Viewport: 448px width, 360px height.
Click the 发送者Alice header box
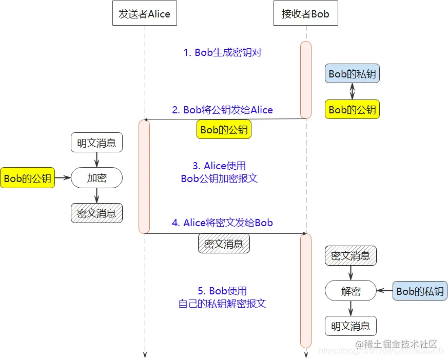coord(145,14)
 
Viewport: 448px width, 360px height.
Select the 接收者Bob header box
coord(306,14)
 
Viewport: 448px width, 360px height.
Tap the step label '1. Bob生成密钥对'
coord(223,52)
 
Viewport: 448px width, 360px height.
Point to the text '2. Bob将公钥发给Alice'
coord(222,110)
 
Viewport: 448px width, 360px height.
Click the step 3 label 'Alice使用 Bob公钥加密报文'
coord(219,172)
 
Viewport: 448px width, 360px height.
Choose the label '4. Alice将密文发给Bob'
coord(222,223)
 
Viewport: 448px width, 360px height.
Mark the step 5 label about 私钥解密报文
coord(222,297)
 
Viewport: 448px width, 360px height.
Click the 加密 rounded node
coord(96,178)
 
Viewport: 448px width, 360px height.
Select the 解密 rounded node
coord(350,291)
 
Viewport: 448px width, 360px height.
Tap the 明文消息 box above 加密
coord(96,143)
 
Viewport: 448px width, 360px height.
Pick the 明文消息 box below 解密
coord(350,326)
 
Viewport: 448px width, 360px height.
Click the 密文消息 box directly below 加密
coord(96,213)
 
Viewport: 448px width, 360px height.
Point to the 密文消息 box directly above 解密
coord(350,255)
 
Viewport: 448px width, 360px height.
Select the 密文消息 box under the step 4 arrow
coord(224,244)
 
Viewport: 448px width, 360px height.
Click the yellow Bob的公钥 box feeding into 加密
coord(27,178)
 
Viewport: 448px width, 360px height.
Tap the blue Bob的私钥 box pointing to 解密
coord(420,291)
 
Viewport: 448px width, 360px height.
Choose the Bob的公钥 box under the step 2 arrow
coord(224,130)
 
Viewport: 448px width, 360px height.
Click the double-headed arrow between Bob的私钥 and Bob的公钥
coord(352,91)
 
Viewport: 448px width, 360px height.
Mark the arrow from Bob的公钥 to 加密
coord(63,178)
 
